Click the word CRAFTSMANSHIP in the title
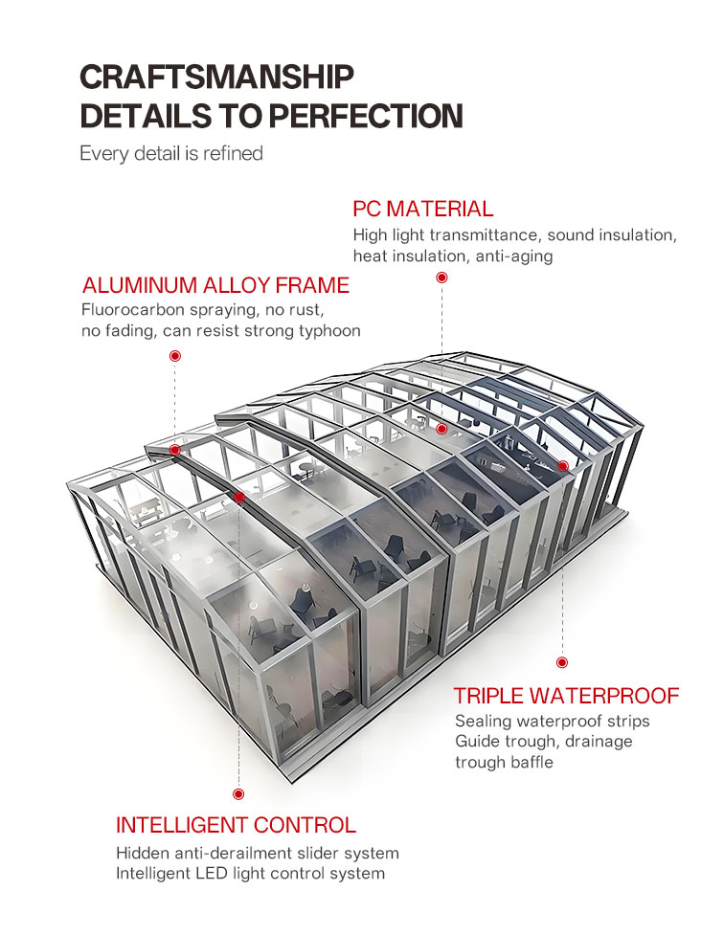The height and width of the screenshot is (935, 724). (x=217, y=78)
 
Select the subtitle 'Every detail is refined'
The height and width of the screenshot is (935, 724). (x=171, y=153)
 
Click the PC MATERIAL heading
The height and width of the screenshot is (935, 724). (x=423, y=209)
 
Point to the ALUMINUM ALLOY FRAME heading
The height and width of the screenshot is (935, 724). (x=215, y=285)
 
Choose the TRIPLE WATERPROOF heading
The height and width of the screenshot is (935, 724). (x=566, y=696)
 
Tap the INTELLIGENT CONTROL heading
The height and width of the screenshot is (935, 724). (x=236, y=825)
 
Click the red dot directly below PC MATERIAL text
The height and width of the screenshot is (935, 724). (x=441, y=278)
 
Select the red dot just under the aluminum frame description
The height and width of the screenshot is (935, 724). (x=175, y=356)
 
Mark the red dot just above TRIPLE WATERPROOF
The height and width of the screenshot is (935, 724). (x=561, y=662)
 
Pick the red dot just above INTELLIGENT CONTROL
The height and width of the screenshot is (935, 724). (x=238, y=793)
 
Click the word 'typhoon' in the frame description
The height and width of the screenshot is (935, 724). (x=329, y=331)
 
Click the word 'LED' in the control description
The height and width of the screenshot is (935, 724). (x=212, y=874)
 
